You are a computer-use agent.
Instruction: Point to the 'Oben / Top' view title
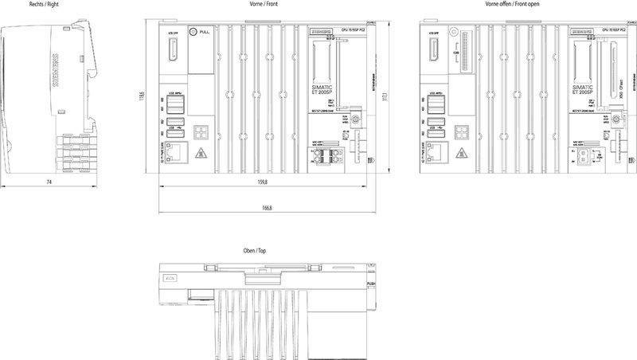tap(254, 250)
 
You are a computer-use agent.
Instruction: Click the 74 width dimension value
tap(49, 183)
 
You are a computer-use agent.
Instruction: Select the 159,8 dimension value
tap(260, 183)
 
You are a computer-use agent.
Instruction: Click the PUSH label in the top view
tap(371, 284)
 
